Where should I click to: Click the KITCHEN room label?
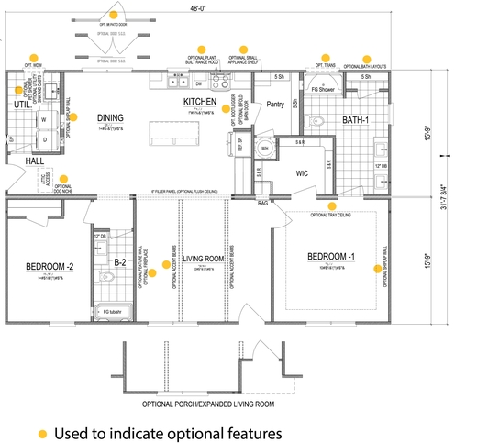point(199,101)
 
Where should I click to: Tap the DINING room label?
point(111,118)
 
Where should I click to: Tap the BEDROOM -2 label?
point(49,268)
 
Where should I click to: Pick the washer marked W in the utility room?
point(43,119)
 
